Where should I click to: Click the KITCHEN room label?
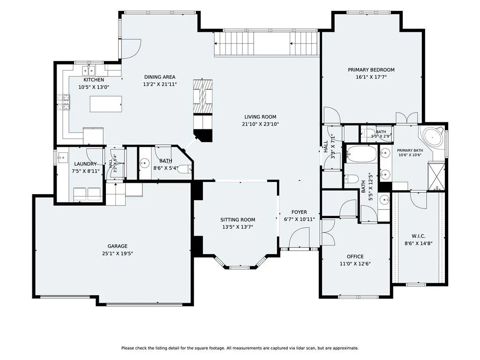(94, 80)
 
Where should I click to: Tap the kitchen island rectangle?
(106, 104)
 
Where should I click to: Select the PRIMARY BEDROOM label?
(371, 70)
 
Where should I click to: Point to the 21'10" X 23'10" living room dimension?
(260, 124)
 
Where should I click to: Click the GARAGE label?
(118, 246)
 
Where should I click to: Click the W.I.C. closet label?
(418, 236)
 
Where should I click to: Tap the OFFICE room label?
(355, 256)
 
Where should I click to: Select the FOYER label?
(299, 212)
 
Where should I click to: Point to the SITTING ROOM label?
(238, 220)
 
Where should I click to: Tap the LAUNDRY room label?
(85, 164)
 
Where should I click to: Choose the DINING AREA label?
(160, 77)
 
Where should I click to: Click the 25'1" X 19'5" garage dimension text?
(118, 254)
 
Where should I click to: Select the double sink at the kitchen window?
(89, 71)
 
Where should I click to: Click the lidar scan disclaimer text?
(240, 348)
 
